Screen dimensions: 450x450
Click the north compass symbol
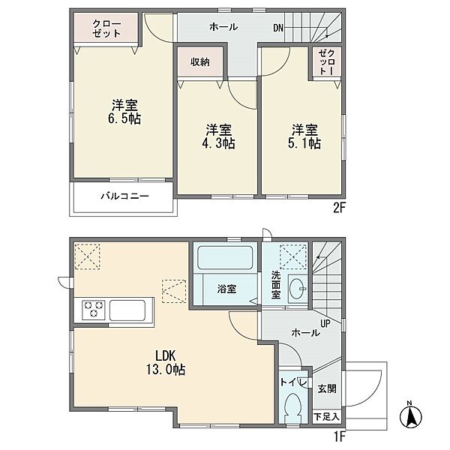point(411,415)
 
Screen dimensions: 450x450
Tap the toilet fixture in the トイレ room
point(293,408)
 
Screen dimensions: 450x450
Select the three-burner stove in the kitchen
point(93,309)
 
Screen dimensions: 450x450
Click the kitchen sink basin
point(127,310)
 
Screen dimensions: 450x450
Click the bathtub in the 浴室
point(225,257)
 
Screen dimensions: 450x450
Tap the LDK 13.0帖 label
point(166,363)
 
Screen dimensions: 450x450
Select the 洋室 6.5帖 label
point(124,112)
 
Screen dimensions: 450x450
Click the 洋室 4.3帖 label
point(218,136)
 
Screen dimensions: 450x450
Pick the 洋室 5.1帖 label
point(304,136)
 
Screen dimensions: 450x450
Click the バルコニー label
point(124,196)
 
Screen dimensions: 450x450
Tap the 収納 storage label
point(200,61)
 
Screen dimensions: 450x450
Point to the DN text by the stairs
point(278,28)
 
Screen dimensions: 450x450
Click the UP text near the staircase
point(325,324)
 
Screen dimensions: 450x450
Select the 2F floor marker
point(338,208)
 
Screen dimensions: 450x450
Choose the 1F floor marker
point(339,436)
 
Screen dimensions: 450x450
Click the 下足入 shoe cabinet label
point(326,416)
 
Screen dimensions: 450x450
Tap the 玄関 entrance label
point(327,388)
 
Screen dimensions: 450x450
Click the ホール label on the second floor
point(223,27)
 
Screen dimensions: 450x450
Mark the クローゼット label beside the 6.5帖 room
point(106,28)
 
